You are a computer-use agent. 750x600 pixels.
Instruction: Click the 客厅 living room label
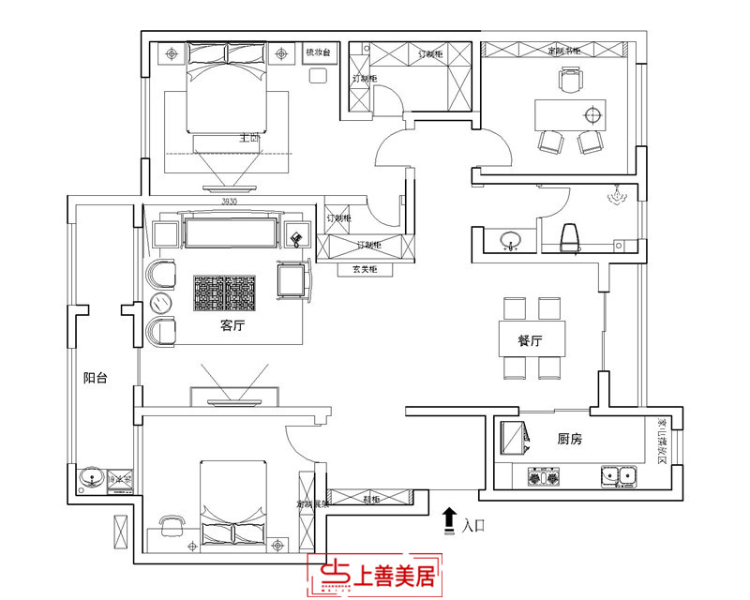pos(232,326)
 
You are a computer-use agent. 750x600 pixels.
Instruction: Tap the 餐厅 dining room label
pos(531,341)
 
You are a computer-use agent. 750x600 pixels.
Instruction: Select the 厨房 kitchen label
pos(570,439)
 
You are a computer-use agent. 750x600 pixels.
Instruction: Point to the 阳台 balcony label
pos(95,379)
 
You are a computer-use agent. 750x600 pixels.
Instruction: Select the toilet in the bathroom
pos(569,239)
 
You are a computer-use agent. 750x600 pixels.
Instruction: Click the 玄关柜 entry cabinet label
pos(366,270)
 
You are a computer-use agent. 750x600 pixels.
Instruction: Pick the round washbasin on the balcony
pos(91,477)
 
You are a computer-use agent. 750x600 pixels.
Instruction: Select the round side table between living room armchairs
pos(161,302)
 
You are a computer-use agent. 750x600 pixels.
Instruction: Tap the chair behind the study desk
pos(569,82)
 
